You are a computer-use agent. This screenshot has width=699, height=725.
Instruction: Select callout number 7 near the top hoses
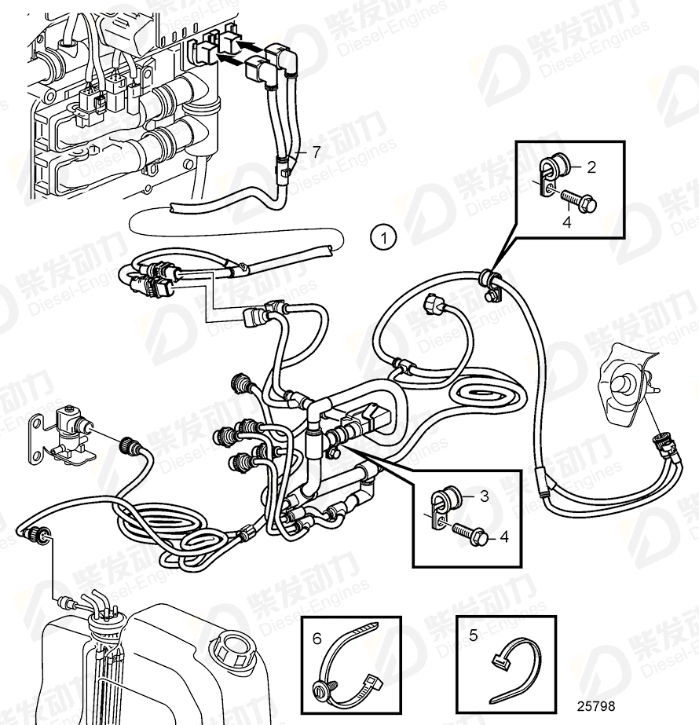pos(316,152)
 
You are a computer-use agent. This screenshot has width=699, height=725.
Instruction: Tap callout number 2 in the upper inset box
pos(591,167)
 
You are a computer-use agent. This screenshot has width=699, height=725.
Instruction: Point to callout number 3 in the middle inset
pos(485,496)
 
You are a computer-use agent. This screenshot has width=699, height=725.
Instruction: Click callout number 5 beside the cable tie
pos(473,636)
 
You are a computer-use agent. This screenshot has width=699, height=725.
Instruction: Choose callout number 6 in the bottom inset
pos(317,639)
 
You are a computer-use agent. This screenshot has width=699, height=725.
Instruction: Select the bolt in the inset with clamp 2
pos(581,202)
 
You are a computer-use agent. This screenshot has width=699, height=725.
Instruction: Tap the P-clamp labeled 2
pos(556,174)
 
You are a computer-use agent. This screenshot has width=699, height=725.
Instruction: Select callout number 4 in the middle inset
pos(504,537)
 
